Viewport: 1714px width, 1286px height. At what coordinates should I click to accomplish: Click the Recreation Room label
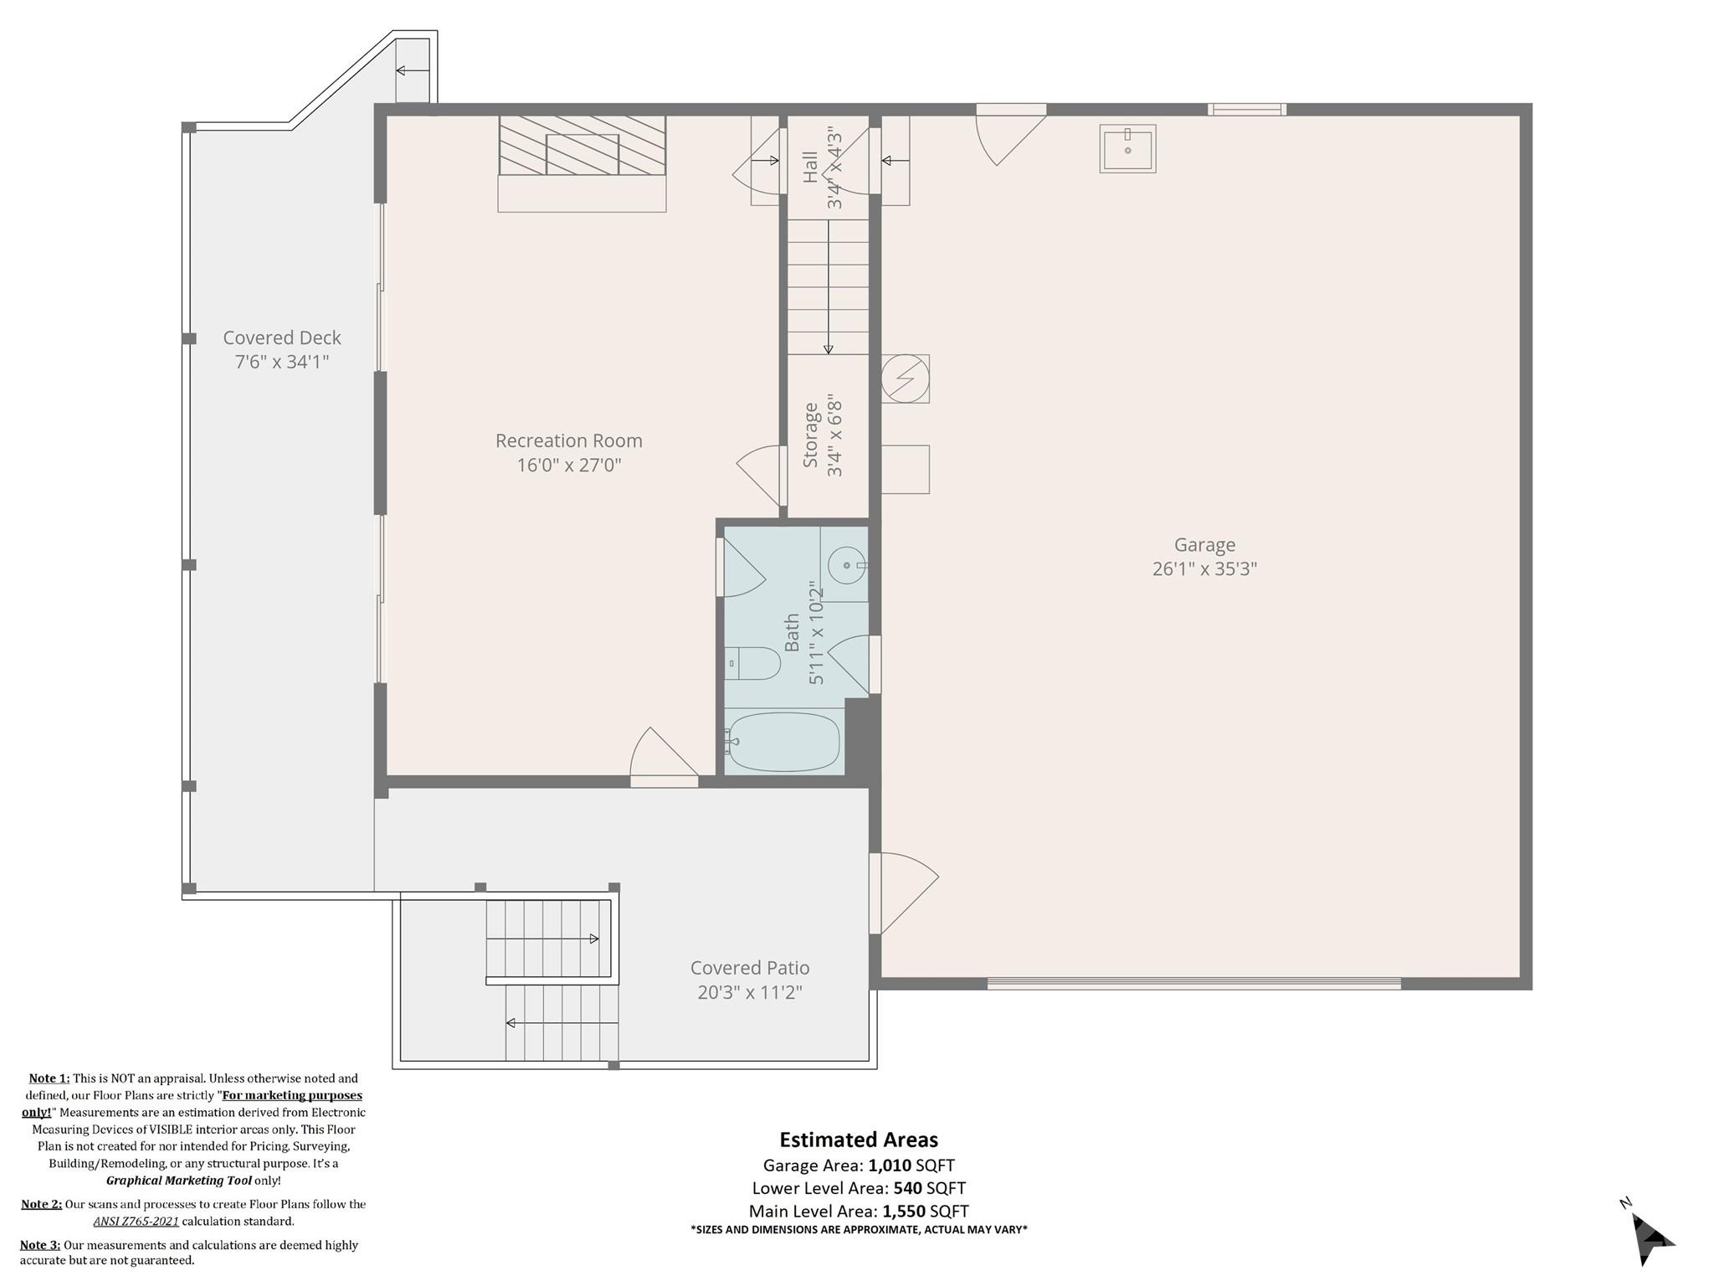568,440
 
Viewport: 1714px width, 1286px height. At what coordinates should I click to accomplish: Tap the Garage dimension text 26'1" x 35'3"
1204,569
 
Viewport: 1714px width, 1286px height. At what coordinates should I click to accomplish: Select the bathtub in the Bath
782,742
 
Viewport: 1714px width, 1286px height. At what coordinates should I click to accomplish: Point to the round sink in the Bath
847,565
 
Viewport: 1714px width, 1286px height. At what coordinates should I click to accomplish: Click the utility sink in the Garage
1127,149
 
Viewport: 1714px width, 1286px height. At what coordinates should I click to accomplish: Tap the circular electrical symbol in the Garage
905,378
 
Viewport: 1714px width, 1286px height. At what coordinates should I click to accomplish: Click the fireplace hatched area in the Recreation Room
582,146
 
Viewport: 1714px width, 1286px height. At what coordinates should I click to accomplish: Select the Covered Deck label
282,338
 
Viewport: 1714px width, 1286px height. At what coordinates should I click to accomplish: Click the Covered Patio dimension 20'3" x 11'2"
750,993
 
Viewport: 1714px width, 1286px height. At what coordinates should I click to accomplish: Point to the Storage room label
810,435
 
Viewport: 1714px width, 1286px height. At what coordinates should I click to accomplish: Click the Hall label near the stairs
810,167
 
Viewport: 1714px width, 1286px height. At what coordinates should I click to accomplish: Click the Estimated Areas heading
859,1139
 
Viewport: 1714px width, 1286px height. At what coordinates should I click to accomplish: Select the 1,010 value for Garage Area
889,1165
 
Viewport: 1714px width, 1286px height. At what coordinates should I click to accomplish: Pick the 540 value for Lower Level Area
906,1188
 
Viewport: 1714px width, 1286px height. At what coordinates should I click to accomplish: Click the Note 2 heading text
41,1204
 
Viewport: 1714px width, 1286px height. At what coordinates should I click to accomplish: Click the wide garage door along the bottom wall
1193,984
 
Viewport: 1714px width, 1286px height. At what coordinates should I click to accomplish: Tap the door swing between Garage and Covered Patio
904,892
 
